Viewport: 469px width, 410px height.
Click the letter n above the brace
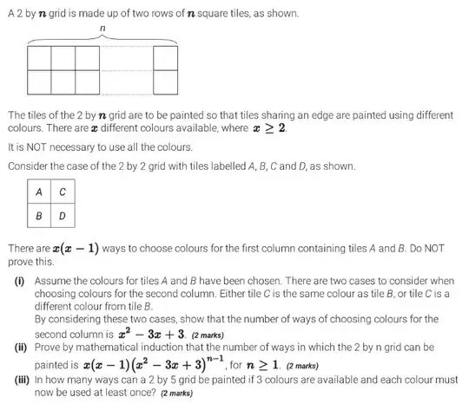tap(103, 29)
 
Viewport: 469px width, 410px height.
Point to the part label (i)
tap(17, 281)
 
